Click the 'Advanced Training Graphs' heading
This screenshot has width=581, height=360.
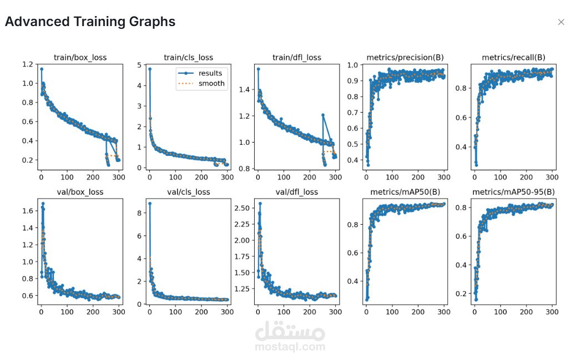point(90,22)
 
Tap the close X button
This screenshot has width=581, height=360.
point(561,22)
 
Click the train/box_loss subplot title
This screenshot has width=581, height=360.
point(80,57)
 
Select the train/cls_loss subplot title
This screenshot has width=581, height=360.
point(188,57)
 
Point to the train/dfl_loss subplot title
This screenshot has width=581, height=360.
point(296,57)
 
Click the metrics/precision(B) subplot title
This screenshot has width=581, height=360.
point(405,57)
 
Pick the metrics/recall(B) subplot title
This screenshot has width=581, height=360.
point(513,57)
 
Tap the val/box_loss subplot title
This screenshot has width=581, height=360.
point(80,192)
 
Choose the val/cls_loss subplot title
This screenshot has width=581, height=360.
point(188,192)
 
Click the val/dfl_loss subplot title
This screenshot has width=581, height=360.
point(296,192)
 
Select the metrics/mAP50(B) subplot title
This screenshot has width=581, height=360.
point(405,192)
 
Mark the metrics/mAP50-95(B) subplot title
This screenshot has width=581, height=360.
point(513,192)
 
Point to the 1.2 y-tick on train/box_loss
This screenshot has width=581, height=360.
point(27,64)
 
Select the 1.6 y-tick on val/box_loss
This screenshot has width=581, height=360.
point(27,211)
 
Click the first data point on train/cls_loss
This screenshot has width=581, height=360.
point(150,69)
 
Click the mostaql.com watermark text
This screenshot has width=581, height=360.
point(290,347)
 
